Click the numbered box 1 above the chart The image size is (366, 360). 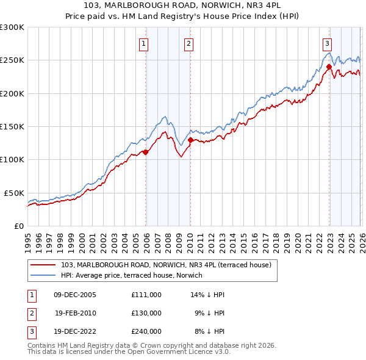pos(143,43)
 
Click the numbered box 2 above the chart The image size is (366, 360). pos(189,43)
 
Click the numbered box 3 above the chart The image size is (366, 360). pos(328,43)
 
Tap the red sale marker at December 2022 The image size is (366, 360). pos(329,67)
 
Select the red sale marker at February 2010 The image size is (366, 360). pos(190,140)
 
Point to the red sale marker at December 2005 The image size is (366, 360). pos(145,153)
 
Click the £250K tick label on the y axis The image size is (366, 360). pos(12,60)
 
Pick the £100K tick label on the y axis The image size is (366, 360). pos(12,160)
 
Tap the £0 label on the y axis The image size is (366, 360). pos(18,226)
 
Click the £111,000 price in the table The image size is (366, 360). pos(146,294)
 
